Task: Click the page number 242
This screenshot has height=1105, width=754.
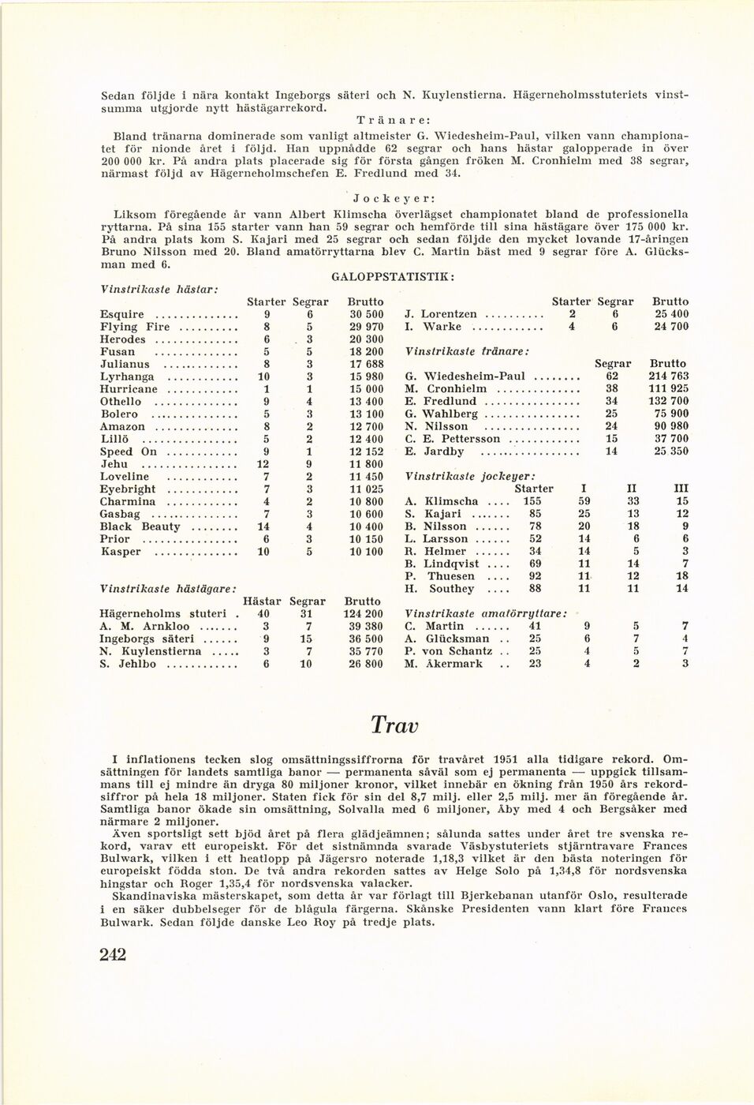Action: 114,955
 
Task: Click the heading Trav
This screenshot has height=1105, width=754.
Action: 394,725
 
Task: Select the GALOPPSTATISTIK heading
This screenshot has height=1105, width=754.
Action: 392,277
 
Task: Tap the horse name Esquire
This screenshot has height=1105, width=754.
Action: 122,314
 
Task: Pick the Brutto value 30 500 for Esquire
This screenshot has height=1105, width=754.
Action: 365,314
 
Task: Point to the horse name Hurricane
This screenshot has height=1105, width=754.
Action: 129,389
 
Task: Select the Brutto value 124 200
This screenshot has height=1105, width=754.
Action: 364,613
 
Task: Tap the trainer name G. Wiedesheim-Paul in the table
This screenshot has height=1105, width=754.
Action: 465,376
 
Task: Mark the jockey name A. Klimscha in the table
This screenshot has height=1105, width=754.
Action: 441,501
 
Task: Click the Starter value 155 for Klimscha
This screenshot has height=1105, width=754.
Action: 532,501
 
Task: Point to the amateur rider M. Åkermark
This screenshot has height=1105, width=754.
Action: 443,664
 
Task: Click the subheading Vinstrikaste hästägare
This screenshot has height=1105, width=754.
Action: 169,589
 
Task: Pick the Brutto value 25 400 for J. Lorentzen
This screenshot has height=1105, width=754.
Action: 670,314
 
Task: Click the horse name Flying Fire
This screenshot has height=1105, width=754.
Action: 135,327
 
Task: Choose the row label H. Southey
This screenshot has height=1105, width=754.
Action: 439,589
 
